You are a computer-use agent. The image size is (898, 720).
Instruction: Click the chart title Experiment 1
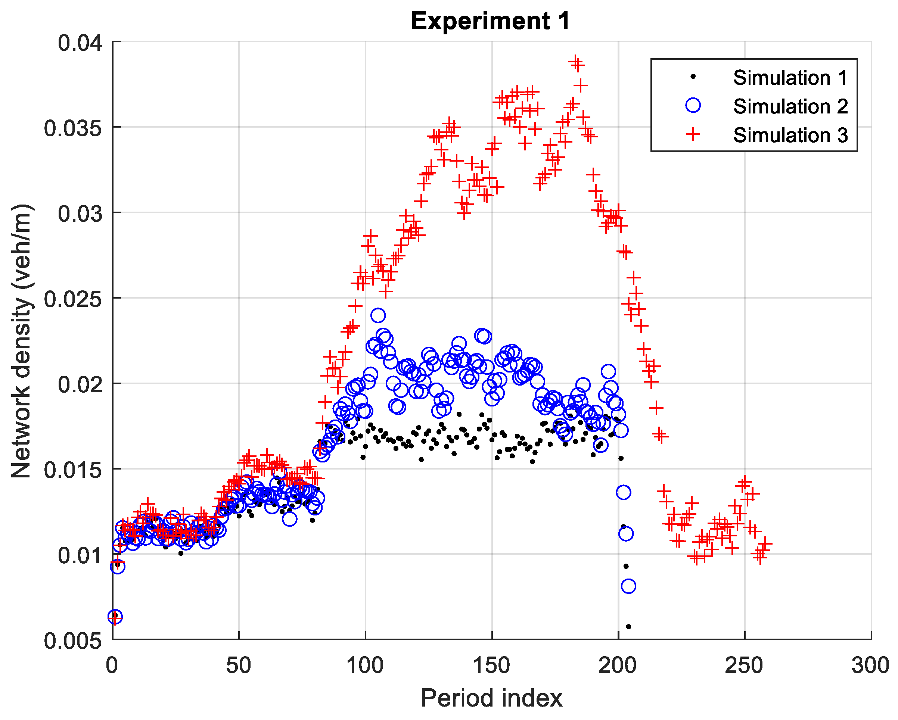490,21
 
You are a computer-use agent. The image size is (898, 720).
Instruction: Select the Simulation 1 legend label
790,78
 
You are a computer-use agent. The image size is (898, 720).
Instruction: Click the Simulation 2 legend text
790,107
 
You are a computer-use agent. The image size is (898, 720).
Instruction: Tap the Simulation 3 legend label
790,135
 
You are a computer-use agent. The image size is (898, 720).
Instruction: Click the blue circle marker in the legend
693,105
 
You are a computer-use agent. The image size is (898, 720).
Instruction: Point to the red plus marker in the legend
693,134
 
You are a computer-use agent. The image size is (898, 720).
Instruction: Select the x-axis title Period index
491,698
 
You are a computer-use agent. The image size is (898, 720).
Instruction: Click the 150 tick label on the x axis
491,666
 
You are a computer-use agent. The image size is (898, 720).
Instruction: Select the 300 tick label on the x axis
870,666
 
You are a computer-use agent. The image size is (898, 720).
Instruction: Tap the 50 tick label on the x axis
239,666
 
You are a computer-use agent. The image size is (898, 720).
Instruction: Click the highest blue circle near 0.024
378,315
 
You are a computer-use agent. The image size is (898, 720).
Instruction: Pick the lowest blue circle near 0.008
628,586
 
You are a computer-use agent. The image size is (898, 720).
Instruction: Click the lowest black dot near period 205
628,626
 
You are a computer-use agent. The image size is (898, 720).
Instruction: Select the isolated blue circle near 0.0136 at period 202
623,492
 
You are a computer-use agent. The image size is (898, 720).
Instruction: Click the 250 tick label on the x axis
744,666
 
